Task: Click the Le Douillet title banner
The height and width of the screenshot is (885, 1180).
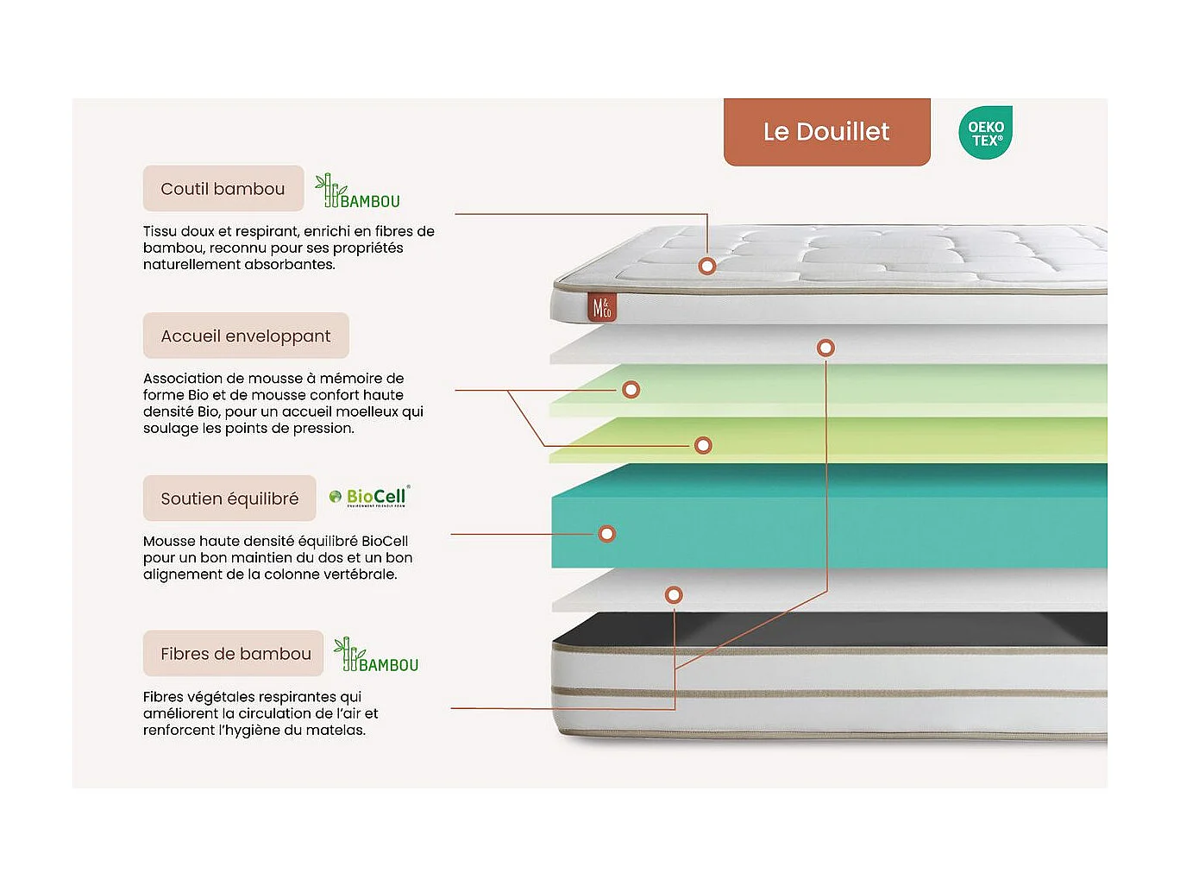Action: pos(826,132)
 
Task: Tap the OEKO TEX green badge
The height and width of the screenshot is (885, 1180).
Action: pos(985,134)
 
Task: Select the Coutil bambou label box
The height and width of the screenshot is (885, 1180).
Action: pos(223,189)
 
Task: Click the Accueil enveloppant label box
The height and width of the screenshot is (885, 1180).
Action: pos(246,336)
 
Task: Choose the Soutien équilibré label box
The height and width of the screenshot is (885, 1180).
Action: pos(229,499)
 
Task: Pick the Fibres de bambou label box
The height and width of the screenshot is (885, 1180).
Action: pos(235,654)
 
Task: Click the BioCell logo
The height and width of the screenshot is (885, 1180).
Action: pos(370,497)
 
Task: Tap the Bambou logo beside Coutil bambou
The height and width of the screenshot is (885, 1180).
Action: pos(357,192)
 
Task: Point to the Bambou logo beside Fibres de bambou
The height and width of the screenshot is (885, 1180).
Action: pos(376,656)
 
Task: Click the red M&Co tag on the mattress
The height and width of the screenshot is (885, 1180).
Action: pos(601,308)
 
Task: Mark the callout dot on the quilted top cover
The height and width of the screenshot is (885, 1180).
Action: pos(707,266)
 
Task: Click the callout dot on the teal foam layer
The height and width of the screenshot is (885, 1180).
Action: pos(607,534)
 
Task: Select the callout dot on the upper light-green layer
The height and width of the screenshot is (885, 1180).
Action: pos(631,390)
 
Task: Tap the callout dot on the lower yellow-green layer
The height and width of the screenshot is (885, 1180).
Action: pos(703,445)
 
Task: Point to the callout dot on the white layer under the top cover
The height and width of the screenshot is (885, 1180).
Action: pos(825,348)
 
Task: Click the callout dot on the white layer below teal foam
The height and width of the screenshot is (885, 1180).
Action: pos(674,594)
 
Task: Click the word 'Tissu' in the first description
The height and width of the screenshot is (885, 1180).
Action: pos(160,231)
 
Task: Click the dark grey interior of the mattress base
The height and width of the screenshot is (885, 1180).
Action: pos(828,630)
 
